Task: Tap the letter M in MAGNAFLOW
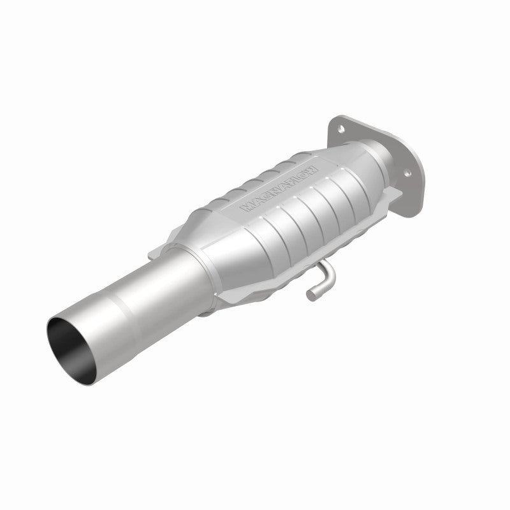246,208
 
